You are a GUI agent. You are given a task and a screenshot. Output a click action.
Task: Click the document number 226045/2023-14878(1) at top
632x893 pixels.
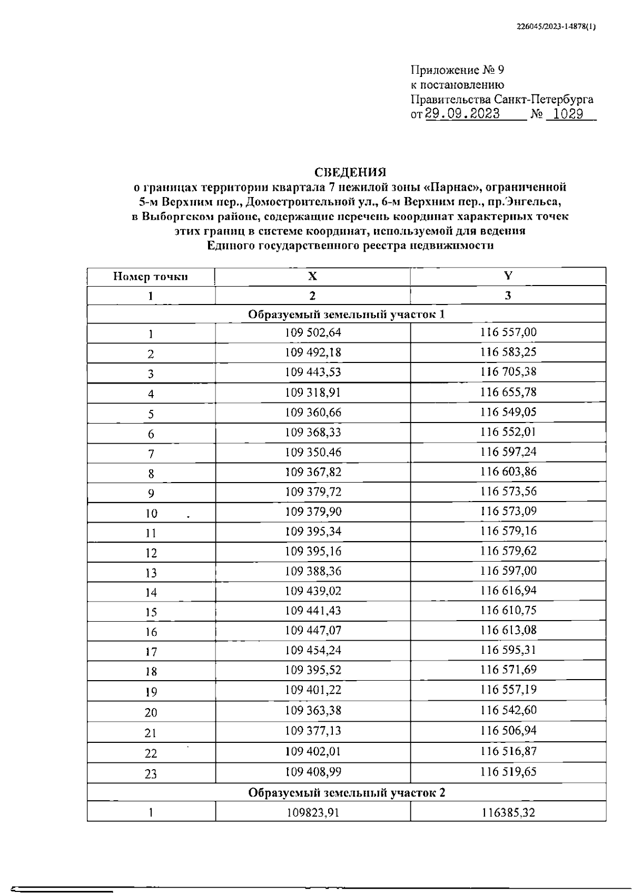pos(556,28)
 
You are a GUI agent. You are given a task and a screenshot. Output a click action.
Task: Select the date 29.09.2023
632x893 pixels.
pos(462,114)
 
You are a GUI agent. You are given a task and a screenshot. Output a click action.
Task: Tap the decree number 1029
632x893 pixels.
pos(568,114)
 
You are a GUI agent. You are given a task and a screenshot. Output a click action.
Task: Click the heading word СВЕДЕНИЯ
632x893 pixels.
pos(350,172)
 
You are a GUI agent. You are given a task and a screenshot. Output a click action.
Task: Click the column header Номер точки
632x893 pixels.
pos(151,277)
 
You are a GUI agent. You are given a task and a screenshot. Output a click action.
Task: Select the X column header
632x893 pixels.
pos(312,276)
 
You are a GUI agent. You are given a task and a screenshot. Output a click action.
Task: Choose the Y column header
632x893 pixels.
pos(508,276)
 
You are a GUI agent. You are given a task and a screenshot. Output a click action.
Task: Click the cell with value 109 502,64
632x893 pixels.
pos(313,332)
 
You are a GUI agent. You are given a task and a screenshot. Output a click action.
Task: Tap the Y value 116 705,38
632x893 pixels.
pos(508,372)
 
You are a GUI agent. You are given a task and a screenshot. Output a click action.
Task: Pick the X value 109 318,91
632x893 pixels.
pos(313,392)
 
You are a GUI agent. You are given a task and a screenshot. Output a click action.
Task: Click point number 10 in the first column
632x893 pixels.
pos(151,514)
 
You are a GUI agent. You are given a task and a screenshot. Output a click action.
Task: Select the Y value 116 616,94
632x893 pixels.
pos(508,591)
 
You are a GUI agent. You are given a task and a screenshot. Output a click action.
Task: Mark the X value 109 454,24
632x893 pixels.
pos(313,650)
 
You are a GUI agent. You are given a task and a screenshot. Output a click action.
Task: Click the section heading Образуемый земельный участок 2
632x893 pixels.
pos(347,793)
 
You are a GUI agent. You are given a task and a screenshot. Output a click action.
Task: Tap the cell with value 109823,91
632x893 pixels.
pos(313,813)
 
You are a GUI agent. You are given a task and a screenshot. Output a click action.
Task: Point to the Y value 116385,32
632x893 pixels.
pos(508,813)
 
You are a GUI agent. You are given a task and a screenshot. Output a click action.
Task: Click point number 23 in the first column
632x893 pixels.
pos(151,774)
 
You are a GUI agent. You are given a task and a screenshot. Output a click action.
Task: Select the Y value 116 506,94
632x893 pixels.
pos(508,731)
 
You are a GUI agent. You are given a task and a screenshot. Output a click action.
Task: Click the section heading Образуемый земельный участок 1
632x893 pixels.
pos(347,315)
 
